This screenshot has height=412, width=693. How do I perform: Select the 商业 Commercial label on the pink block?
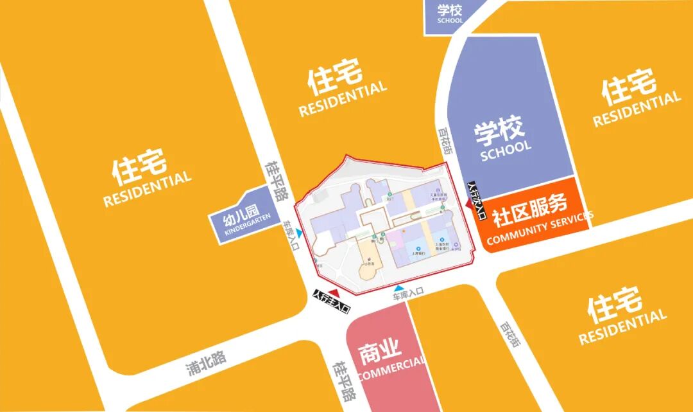(380, 353)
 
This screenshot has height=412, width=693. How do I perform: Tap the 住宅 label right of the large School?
(629, 87)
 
